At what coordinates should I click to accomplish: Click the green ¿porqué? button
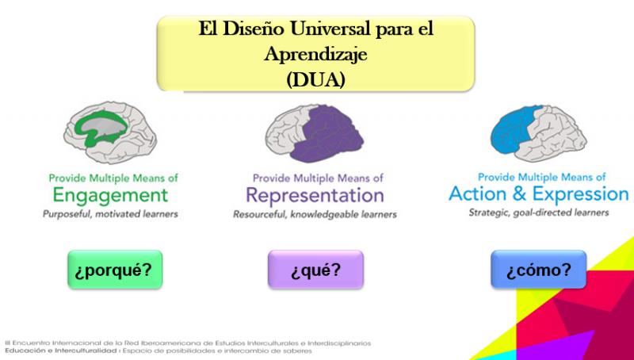click(115, 270)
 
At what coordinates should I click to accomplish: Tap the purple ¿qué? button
click(315, 270)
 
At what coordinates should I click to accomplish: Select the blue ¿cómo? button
click(539, 270)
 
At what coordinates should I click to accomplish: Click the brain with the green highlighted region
click(110, 132)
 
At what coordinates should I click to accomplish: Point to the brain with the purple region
click(315, 133)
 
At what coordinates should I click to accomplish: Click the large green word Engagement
click(110, 196)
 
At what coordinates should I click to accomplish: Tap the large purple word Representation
click(315, 195)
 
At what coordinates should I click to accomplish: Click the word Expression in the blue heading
click(581, 194)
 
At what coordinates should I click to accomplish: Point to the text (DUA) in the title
click(315, 79)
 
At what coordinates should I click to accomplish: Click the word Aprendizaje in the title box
click(315, 54)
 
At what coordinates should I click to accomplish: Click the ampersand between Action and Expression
click(520, 194)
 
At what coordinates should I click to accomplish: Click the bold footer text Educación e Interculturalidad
click(61, 350)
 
